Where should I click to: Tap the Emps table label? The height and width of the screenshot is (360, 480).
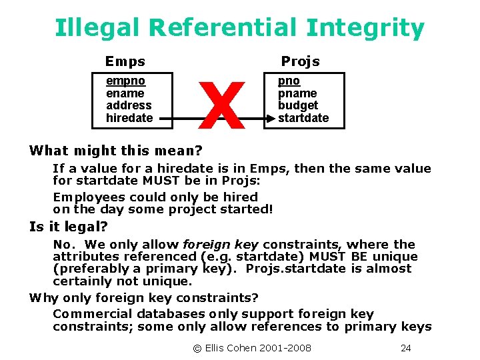click(x=125, y=62)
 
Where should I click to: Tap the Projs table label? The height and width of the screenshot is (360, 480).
click(x=300, y=62)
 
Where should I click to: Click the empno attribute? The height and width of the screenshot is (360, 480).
click(x=126, y=81)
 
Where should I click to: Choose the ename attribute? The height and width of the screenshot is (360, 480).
click(x=125, y=93)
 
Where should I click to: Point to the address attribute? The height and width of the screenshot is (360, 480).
click(x=129, y=105)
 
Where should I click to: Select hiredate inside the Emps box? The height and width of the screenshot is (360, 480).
click(x=129, y=118)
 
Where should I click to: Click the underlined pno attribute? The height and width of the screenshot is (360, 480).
click(x=289, y=81)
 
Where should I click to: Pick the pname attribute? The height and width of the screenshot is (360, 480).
click(x=297, y=93)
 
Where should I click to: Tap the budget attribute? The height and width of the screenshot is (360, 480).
click(x=298, y=105)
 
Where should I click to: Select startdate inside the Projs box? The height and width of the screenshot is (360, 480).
click(x=303, y=118)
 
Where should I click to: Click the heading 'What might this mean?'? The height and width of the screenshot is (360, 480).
click(x=115, y=151)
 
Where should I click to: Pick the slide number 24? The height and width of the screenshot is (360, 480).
click(x=405, y=348)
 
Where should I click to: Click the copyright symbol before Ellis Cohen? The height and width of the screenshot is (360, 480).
click(x=197, y=348)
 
